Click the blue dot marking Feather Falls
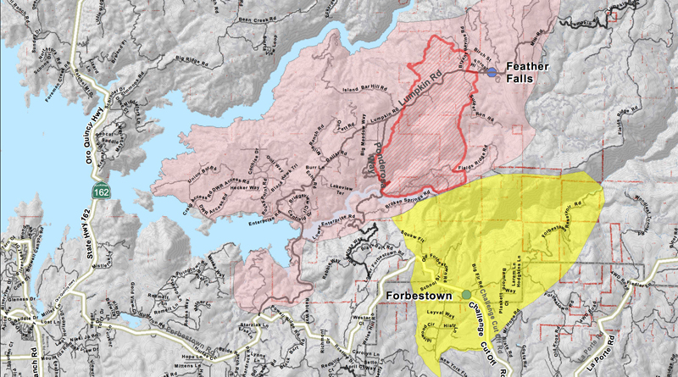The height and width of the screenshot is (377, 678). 492,73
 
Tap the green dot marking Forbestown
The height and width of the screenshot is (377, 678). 466,295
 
